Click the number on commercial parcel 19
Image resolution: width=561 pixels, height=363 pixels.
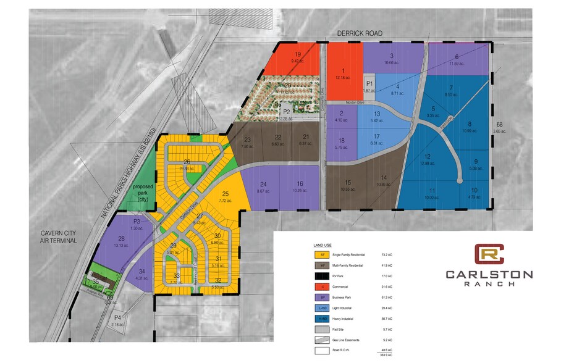(x=297, y=54)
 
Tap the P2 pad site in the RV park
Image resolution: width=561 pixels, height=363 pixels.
(x=286, y=112)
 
